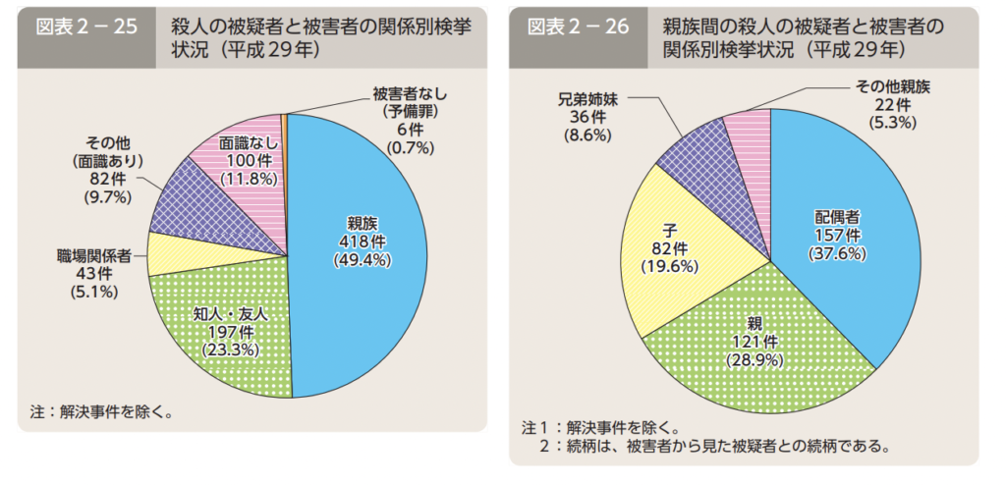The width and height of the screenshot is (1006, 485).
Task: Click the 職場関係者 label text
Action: pos(93,254)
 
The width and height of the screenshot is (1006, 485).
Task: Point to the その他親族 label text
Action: pos(885,86)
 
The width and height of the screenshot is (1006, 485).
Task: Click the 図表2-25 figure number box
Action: pos(86,27)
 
